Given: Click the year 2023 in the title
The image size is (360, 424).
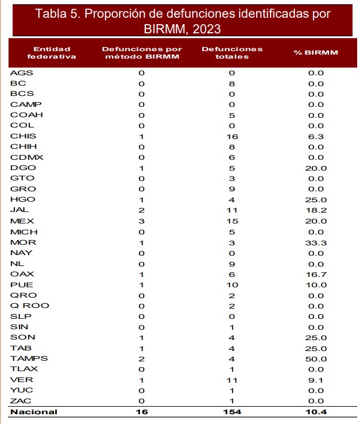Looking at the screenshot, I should click(205, 29).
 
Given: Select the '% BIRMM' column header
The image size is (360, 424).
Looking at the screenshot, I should click(316, 52).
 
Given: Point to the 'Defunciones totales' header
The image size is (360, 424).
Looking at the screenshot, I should click(232, 52).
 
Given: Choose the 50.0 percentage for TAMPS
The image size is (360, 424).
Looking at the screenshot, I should click(316, 359).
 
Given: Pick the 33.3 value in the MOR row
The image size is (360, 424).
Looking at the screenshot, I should click(316, 242).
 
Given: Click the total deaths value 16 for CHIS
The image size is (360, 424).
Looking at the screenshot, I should click(232, 136).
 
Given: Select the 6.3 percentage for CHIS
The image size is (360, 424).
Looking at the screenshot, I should click(316, 136).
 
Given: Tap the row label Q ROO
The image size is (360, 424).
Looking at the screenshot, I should click(30, 306).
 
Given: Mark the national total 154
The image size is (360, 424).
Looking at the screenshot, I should click(232, 411).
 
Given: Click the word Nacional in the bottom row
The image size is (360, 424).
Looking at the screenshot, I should click(33, 411).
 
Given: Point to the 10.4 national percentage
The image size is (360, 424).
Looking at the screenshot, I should click(316, 411).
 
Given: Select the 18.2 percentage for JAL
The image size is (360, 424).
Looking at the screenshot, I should click(316, 210).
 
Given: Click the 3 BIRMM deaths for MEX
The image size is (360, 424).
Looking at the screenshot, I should click(141, 221).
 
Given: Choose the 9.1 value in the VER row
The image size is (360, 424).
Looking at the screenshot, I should click(316, 380).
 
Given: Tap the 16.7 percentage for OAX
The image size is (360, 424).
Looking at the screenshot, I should click(316, 274).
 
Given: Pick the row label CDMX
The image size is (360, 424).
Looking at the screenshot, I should click(26, 157).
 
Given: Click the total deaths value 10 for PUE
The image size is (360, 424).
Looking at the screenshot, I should click(232, 284).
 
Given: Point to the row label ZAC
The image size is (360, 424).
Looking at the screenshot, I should click(22, 401).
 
